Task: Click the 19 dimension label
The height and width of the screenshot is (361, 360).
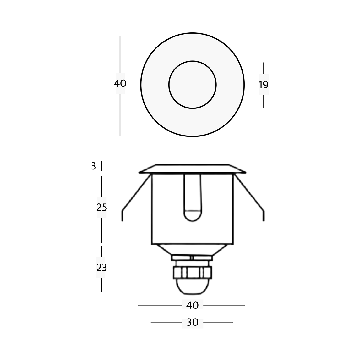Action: pyautogui.click(x=264, y=85)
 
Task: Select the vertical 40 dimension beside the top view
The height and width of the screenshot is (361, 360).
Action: pyautogui.click(x=120, y=84)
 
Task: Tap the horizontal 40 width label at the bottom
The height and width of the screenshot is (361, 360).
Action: pyautogui.click(x=192, y=305)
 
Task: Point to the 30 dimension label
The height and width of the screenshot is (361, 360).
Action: pyautogui.click(x=192, y=322)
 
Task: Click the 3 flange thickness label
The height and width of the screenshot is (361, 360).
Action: pyautogui.click(x=94, y=166)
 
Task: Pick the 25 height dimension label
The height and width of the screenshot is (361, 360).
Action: pyautogui.click(x=102, y=208)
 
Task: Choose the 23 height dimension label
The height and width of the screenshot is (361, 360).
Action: pyautogui.click(x=102, y=268)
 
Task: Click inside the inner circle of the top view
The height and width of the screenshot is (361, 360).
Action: pyautogui.click(x=192, y=85)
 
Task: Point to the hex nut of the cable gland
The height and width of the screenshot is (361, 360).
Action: pyautogui.click(x=192, y=272)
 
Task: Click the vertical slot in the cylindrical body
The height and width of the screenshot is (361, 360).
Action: pyautogui.click(x=192, y=198)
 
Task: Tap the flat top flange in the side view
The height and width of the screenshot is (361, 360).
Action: pyautogui.click(x=192, y=169)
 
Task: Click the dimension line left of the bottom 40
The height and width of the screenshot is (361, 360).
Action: pyautogui.click(x=160, y=305)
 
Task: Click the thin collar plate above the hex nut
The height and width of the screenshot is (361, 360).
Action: pyautogui.click(x=192, y=258)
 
